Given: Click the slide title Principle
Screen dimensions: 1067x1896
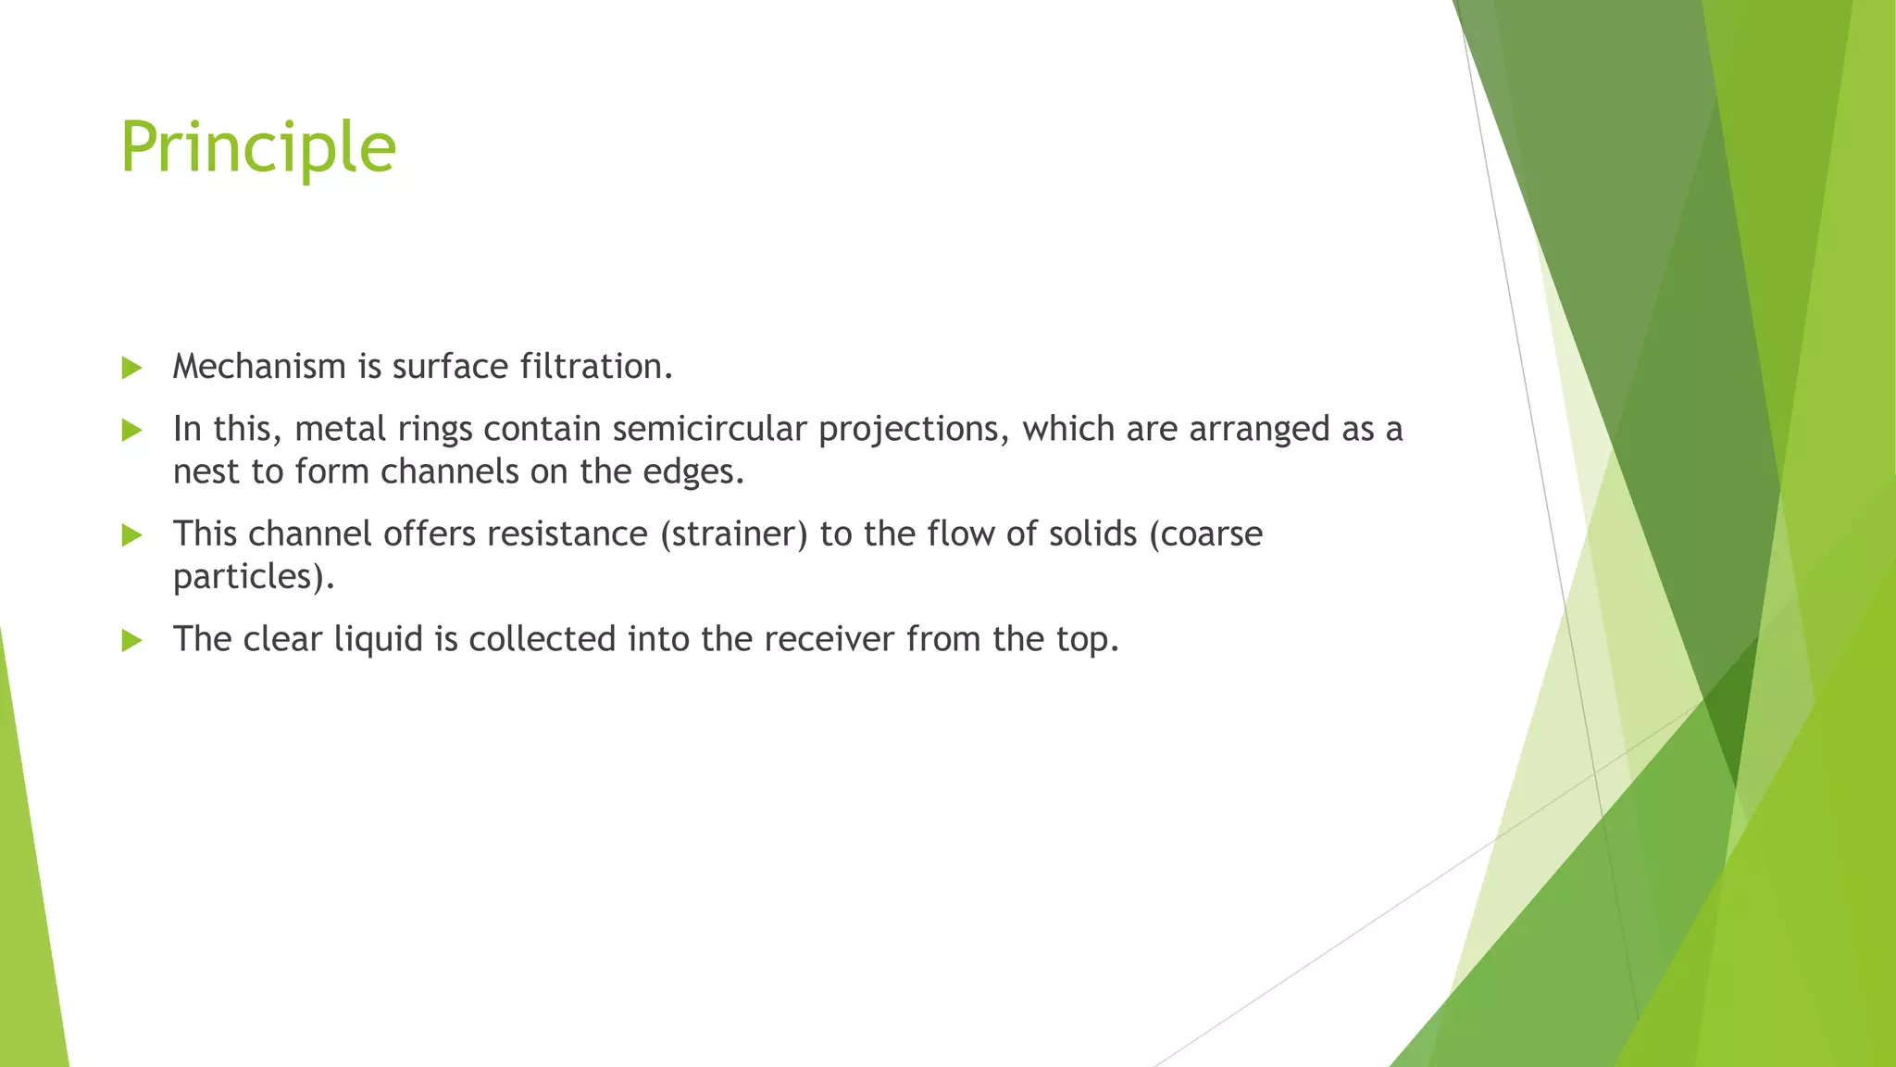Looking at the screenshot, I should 258,148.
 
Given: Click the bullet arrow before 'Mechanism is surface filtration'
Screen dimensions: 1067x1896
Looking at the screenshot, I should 131,368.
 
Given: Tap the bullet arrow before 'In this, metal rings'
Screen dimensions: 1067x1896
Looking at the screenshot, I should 131,430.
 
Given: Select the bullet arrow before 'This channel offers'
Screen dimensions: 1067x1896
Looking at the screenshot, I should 131,534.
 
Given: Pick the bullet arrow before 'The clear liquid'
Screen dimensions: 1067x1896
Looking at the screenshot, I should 131,640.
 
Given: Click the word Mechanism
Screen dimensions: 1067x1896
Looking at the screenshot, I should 259,367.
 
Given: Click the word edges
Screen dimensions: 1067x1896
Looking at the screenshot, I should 695,472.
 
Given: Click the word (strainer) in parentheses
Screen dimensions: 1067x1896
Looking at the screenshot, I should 733,534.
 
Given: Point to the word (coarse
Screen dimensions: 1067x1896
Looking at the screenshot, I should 1205,534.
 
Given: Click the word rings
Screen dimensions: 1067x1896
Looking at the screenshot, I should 434,430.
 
